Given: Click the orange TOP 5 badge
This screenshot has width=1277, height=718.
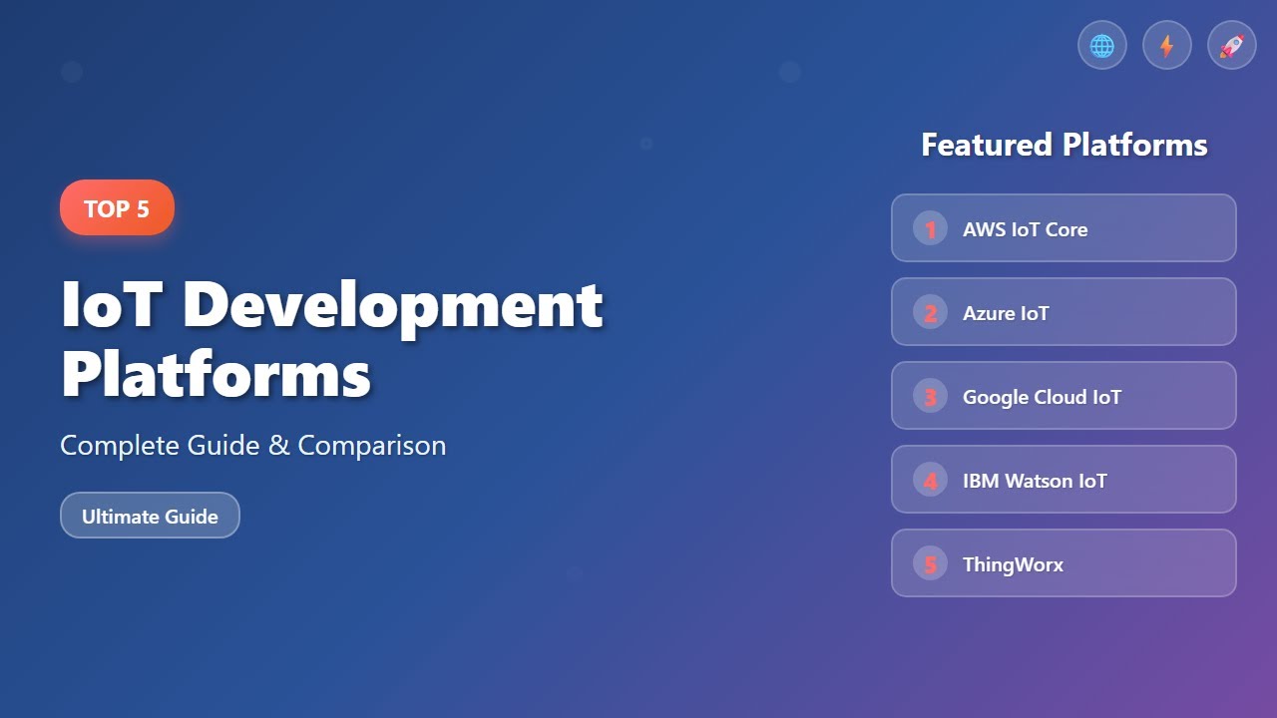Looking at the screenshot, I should click(x=117, y=208).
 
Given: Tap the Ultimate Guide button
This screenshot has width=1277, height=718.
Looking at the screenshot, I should click(x=150, y=516).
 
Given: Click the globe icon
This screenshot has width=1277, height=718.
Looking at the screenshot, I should click(x=1102, y=46).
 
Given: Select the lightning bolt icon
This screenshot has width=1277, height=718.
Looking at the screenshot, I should click(x=1167, y=46).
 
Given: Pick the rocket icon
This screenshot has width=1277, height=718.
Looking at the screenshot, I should click(x=1232, y=46).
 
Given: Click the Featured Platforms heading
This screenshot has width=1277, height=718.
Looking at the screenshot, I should click(x=1064, y=146).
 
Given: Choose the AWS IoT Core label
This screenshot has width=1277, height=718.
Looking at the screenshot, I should click(x=1025, y=229).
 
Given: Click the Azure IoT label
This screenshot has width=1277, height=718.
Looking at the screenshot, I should click(x=1006, y=313).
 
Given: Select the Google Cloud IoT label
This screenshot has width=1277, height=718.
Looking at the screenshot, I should click(x=1042, y=397).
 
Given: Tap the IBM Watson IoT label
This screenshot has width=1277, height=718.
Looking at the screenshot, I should click(x=1035, y=481).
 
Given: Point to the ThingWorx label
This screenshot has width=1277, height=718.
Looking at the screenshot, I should click(x=1013, y=564).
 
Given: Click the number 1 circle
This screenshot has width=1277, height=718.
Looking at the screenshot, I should click(x=930, y=229).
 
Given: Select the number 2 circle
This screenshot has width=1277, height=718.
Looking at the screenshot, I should click(x=930, y=313).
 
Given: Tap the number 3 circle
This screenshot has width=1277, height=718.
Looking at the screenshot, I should click(x=930, y=397).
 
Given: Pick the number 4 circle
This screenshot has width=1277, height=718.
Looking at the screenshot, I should click(x=930, y=481).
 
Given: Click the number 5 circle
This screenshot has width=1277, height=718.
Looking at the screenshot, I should click(x=930, y=564).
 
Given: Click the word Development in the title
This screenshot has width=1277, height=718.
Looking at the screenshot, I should click(x=393, y=305).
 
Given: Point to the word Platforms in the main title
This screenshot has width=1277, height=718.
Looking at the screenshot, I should click(x=215, y=375).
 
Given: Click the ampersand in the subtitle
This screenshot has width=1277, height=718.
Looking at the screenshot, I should click(x=278, y=446).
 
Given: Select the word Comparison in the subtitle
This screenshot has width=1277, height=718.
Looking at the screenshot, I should click(x=371, y=446).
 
